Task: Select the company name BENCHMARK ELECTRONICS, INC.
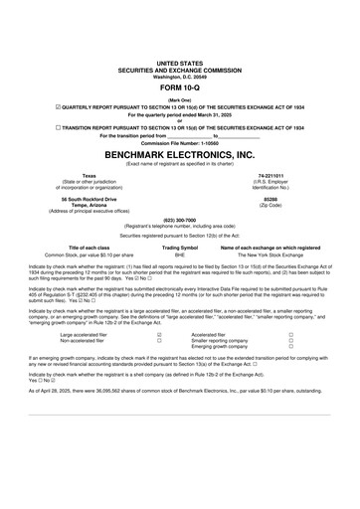click(x=180, y=156)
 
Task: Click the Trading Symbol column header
click(x=180, y=248)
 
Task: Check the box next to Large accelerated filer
click(x=159, y=335)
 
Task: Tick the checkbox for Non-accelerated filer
click(x=159, y=341)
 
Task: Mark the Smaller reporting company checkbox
click(x=290, y=341)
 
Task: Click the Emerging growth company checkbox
click(x=290, y=347)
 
